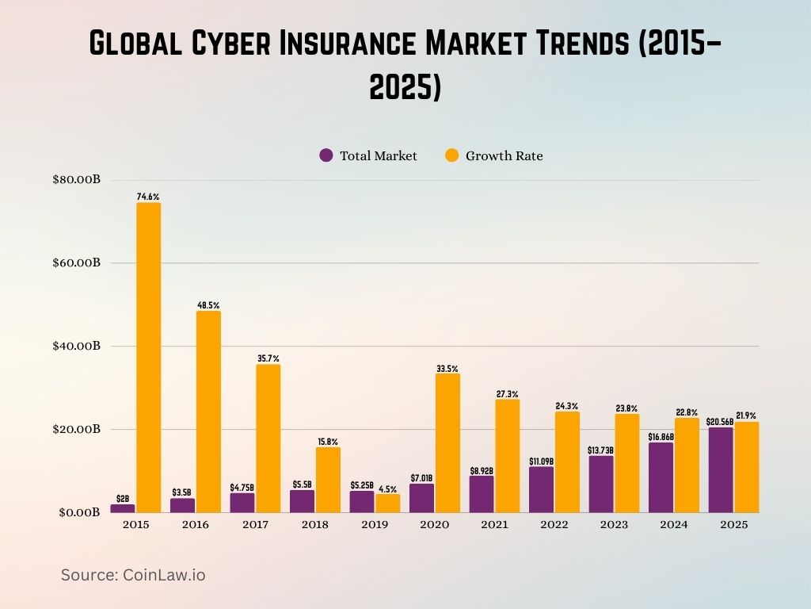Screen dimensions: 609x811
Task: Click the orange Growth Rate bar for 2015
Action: [x=148, y=357]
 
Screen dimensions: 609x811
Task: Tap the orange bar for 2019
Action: [x=387, y=504]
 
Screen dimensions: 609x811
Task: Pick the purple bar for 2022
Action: [x=541, y=489]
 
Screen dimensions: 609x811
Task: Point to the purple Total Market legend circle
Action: [x=326, y=155]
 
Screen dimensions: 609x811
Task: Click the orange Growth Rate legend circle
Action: [x=451, y=155]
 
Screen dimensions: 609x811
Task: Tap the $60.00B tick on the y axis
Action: [x=76, y=262]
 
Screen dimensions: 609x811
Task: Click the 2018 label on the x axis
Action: [x=315, y=525]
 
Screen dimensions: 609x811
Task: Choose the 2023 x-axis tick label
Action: [x=614, y=525]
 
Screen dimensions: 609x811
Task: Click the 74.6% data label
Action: [x=148, y=196]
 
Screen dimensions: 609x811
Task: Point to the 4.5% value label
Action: [x=387, y=488]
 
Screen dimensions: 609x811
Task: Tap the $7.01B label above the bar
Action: [x=422, y=477]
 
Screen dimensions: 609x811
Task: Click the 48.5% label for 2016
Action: [x=208, y=304]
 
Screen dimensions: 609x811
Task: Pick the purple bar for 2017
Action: [x=242, y=503]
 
